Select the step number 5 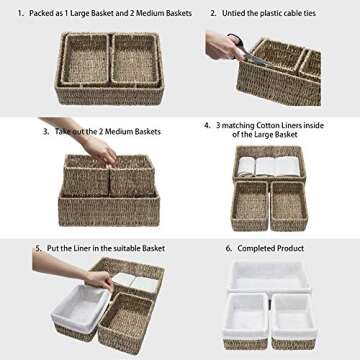tap(37, 246)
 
